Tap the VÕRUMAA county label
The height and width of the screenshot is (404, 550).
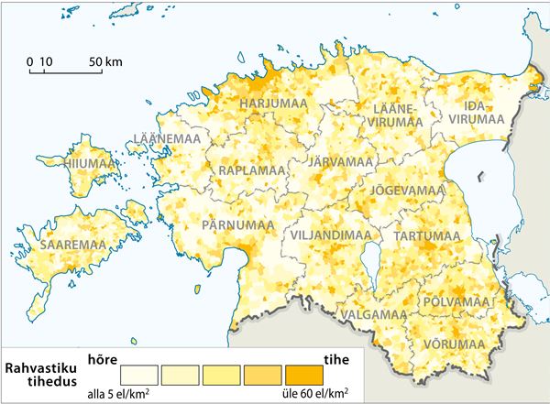click(x=454, y=344)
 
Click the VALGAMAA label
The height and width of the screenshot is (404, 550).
click(x=373, y=314)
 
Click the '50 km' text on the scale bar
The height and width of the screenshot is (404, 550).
click(x=105, y=61)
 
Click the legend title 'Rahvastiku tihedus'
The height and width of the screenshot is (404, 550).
click(x=41, y=376)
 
